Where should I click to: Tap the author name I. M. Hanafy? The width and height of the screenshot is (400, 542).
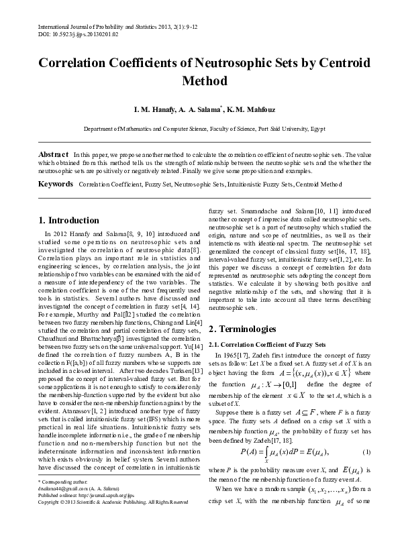[158, 109]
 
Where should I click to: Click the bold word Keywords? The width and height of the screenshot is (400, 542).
[56, 183]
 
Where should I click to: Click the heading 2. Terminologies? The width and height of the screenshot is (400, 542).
[242, 329]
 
